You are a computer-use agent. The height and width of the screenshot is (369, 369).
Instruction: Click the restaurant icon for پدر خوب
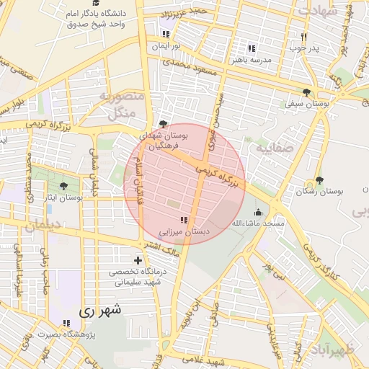click(x=303, y=37)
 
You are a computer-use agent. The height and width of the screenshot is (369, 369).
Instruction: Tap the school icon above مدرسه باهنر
click(x=252, y=48)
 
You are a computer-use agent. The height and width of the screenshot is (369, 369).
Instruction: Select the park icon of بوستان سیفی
click(x=308, y=92)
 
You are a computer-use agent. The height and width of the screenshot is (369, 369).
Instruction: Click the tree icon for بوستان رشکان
click(x=319, y=180)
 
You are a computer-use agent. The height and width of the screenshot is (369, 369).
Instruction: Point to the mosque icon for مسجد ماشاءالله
click(x=259, y=212)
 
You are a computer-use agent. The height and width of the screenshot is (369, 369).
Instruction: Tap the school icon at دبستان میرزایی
click(x=183, y=220)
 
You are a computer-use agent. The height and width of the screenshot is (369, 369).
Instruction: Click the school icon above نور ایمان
click(x=166, y=34)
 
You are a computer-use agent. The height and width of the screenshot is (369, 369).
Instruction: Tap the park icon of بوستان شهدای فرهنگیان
click(x=163, y=123)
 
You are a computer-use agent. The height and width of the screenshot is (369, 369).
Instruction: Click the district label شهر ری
click(x=100, y=311)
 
